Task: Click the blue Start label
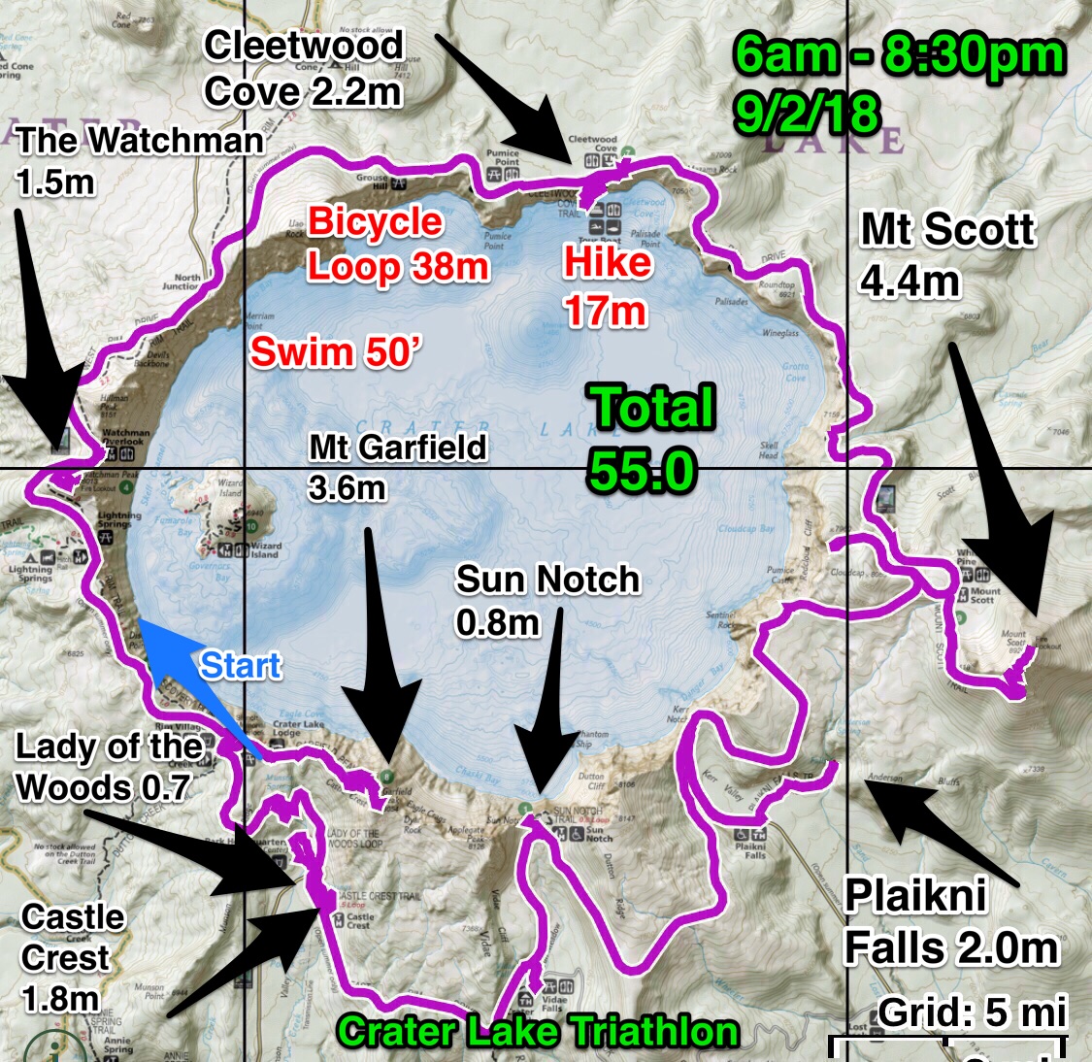pyautogui.click(x=241, y=666)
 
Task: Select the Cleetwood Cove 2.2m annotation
pyautogui.click(x=303, y=68)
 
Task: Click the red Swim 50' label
pyautogui.click(x=333, y=351)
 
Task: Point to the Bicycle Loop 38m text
pyautogui.click(x=397, y=245)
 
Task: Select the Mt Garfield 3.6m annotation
pyautogui.click(x=397, y=466)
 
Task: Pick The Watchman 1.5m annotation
pyautogui.click(x=140, y=159)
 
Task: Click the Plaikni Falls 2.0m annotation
pyautogui.click(x=949, y=922)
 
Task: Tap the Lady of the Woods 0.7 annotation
pyautogui.click(x=109, y=766)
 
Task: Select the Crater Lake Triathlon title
pyautogui.click(x=538, y=1031)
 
